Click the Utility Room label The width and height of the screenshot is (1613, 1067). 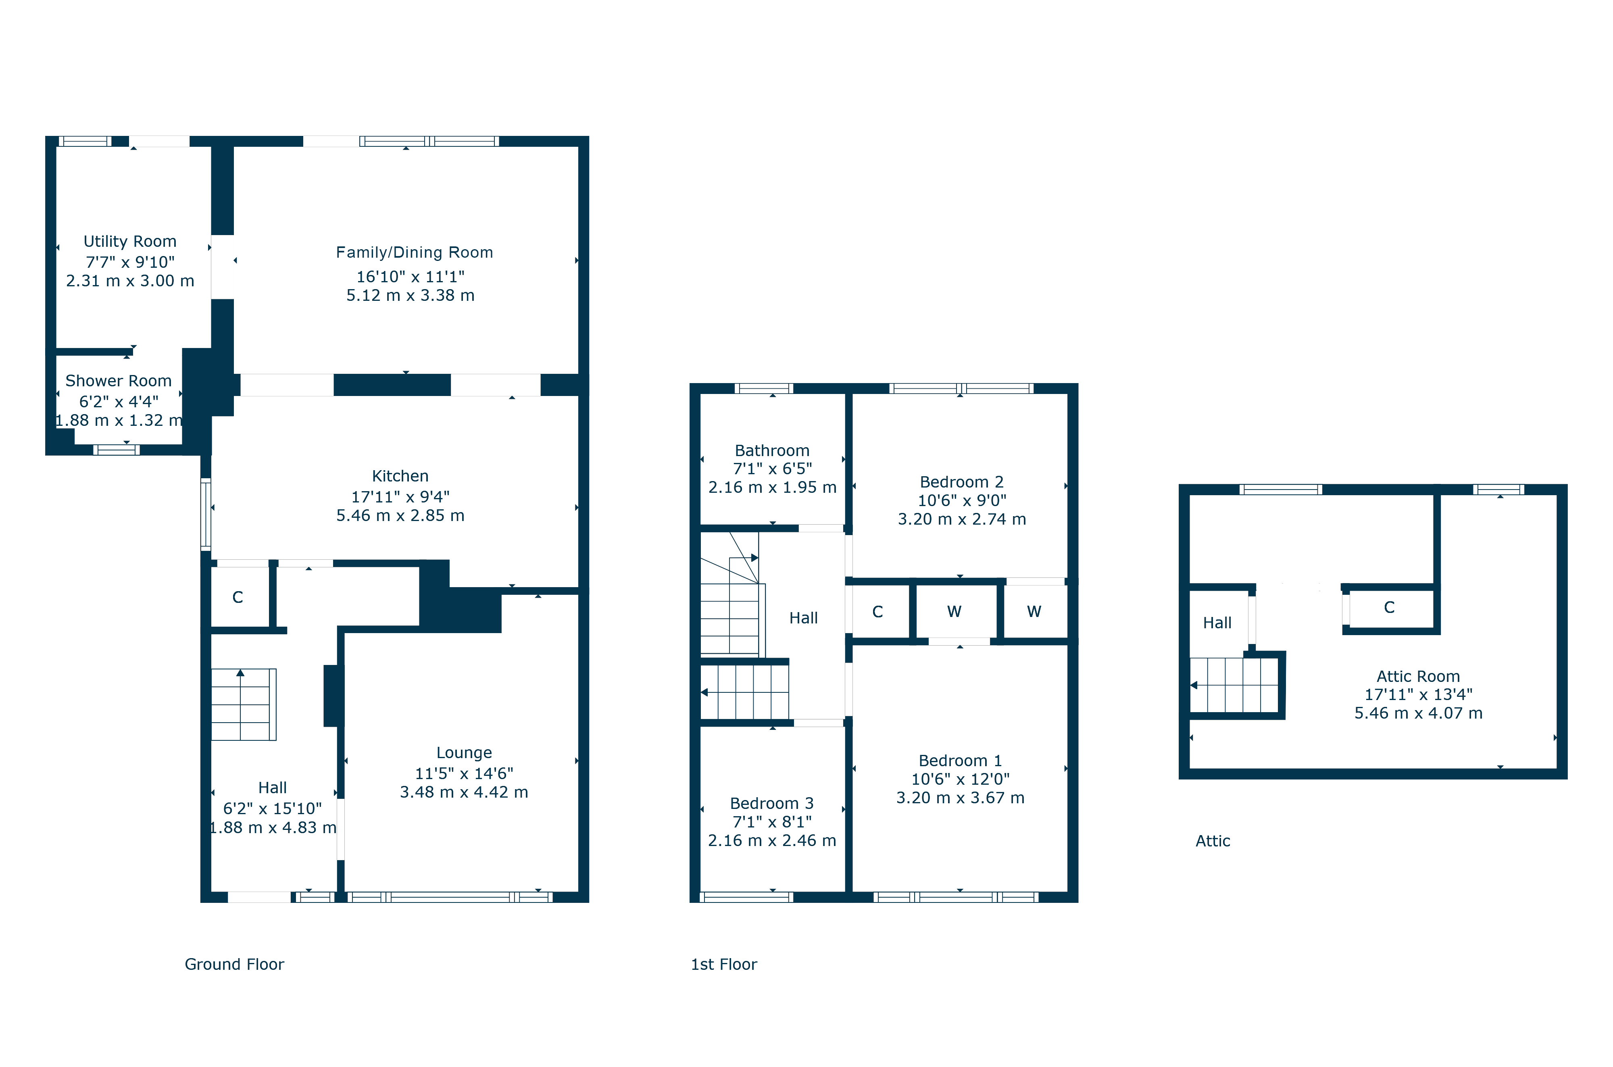[130, 242]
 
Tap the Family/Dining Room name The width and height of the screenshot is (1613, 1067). [414, 252]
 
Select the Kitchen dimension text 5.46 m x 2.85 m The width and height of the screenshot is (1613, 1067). [400, 516]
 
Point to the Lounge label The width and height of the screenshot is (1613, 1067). [464, 752]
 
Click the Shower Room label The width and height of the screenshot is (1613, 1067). [119, 381]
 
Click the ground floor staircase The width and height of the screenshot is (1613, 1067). [244, 704]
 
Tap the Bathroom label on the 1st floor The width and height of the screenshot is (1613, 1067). [772, 450]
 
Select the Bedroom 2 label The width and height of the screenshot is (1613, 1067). [961, 482]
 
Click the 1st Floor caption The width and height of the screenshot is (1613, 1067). [724, 964]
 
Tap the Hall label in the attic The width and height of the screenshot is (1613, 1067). [1217, 623]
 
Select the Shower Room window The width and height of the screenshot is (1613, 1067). [116, 450]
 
